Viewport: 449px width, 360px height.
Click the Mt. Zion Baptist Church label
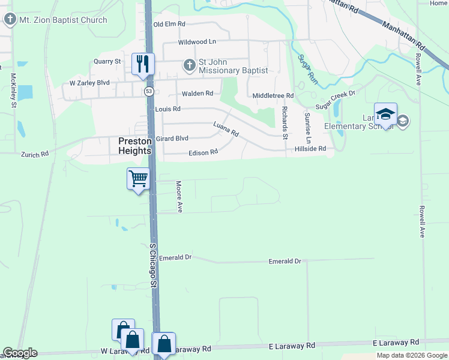62,20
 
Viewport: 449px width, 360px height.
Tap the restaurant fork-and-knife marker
143,64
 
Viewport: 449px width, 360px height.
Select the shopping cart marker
138,178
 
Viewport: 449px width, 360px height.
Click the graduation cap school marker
385,113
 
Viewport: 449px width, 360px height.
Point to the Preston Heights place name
134,146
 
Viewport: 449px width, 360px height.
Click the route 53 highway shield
148,91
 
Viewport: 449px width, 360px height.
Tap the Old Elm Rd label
169,24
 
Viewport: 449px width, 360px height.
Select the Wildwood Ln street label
197,42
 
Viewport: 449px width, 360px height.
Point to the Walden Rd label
197,93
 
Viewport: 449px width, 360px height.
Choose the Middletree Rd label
273,95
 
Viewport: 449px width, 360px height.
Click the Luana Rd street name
226,128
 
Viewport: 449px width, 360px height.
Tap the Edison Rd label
203,153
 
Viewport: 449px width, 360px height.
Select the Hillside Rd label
310,148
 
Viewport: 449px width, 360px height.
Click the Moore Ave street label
179,196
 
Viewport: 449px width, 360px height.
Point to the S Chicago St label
153,264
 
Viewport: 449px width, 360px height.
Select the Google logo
20,353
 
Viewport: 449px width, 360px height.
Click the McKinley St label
13,91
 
